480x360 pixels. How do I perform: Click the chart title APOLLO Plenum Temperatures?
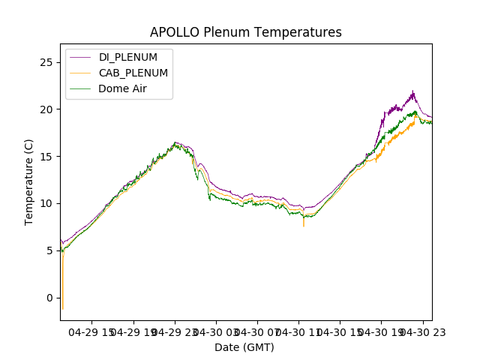[245, 32]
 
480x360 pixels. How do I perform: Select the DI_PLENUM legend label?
[128, 58]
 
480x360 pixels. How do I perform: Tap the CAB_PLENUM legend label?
[133, 73]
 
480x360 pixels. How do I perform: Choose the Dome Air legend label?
[122, 88]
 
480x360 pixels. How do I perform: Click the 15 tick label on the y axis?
[46, 157]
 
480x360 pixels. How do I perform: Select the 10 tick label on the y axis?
[46, 203]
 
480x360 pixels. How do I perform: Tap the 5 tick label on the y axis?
[49, 250]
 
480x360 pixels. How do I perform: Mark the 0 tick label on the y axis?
[49, 298]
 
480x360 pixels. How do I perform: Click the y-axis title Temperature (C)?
[29, 181]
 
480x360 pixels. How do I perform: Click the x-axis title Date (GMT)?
[244, 347]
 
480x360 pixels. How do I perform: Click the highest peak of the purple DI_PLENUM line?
[412, 91]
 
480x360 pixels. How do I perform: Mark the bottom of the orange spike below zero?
[62, 309]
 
